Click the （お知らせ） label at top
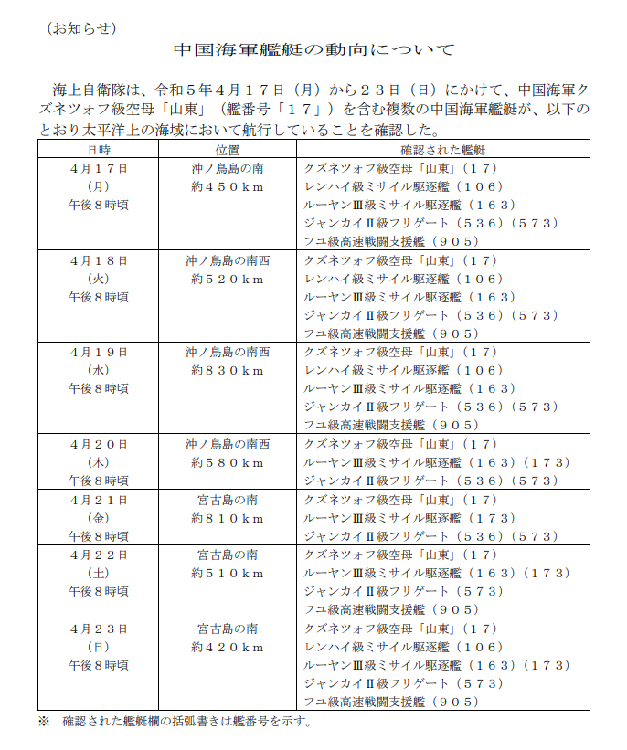tap(82, 27)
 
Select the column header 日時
tap(99, 149)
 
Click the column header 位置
tap(228, 149)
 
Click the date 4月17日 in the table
tap(99, 168)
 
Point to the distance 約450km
tap(228, 186)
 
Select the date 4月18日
tap(99, 260)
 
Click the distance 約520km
tap(228, 279)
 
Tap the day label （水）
tap(99, 370)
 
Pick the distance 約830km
tap(228, 370)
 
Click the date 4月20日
tap(99, 444)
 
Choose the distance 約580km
tap(228, 462)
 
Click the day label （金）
tap(99, 518)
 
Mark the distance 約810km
tap(228, 518)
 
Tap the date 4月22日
tap(99, 555)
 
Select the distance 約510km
tap(228, 573)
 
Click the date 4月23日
tap(99, 629)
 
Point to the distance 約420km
tap(228, 647)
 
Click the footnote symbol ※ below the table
tap(43, 722)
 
